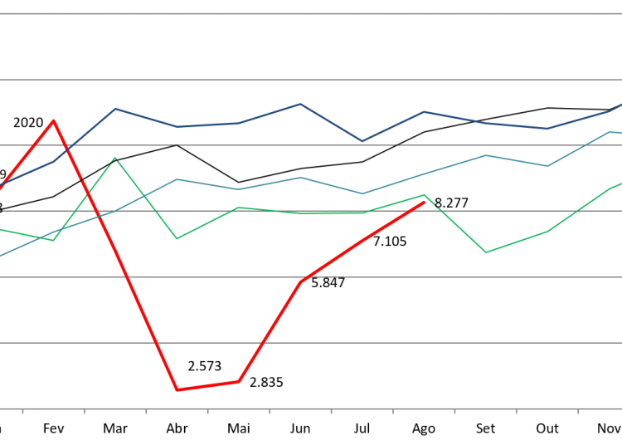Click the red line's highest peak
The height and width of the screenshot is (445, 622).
[x=54, y=120]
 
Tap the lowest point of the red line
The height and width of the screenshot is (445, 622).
[x=177, y=389]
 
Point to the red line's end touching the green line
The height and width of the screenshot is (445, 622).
[x=424, y=202]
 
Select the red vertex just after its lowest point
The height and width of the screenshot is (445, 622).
[x=239, y=381]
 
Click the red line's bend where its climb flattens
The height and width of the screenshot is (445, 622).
[x=300, y=282]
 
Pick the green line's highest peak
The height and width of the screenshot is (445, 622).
[x=115, y=158]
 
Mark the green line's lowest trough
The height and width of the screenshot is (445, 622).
[x=486, y=252]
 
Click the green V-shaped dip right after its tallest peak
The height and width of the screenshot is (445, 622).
[x=177, y=239]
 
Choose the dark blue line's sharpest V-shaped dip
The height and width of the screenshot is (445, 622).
[x=362, y=141]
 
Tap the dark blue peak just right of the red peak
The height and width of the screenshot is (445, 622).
[x=115, y=109]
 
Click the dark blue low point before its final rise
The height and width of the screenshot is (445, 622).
[x=547, y=129]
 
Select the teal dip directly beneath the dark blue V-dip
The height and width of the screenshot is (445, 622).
[x=362, y=193]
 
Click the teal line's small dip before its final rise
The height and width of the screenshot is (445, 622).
[x=547, y=166]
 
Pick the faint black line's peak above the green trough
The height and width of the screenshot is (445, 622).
[x=177, y=144]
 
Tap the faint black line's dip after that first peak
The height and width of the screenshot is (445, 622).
[x=239, y=182]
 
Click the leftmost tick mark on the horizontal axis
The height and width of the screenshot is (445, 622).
[x=22, y=411]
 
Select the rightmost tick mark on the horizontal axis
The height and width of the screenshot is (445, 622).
[x=578, y=411]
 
